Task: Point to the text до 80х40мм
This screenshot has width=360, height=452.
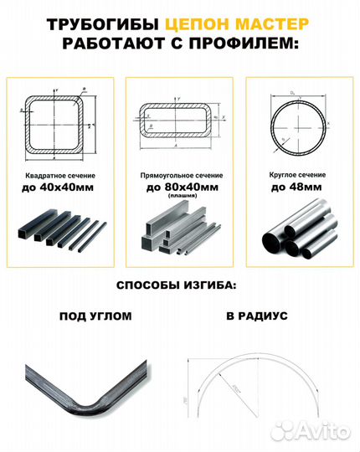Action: pyautogui.click(x=179, y=187)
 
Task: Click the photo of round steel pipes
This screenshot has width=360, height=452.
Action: pyautogui.click(x=297, y=234)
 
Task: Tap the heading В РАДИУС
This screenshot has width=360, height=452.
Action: pyautogui.click(x=256, y=316)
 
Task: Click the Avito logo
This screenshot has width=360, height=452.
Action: pyautogui.click(x=323, y=432)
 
